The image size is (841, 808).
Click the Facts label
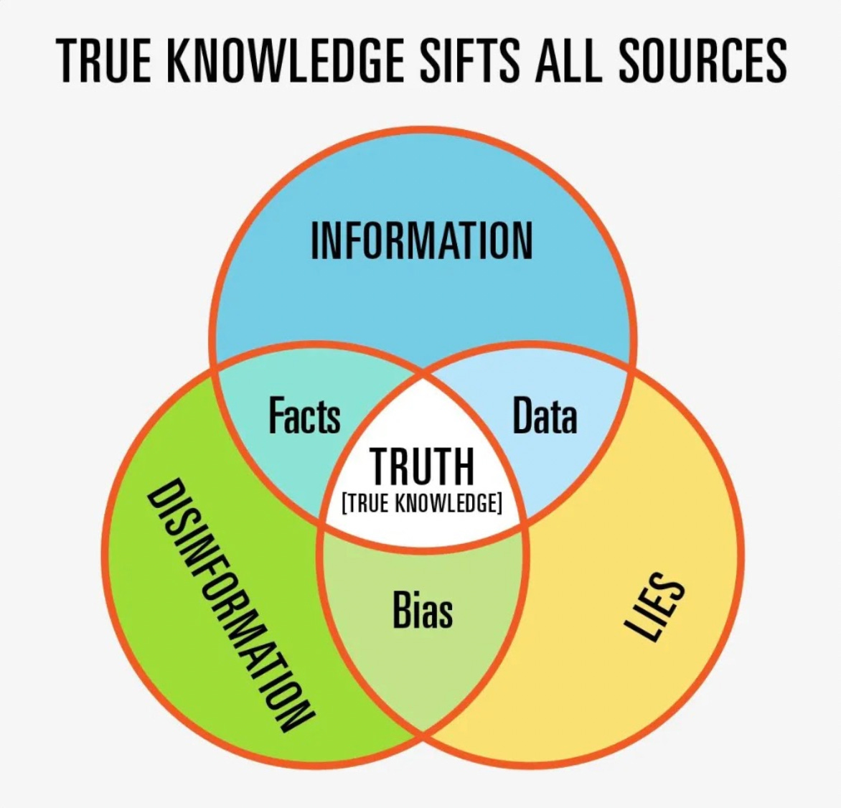[x=304, y=415]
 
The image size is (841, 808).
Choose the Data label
[x=545, y=416]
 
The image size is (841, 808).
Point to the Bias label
[x=423, y=610]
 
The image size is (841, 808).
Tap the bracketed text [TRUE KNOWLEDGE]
[x=422, y=503]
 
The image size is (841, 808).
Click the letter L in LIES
[x=636, y=629]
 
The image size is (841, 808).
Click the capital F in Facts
[x=276, y=415]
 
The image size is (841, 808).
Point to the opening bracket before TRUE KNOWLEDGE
[x=344, y=503]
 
